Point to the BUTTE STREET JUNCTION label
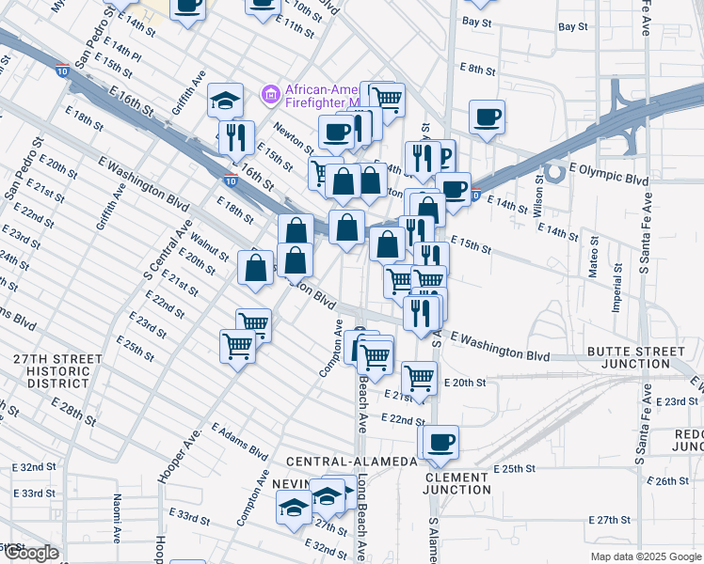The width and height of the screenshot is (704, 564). (635, 357)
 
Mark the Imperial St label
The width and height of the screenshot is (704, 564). (618, 287)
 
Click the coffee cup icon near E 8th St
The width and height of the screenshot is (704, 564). (488, 117)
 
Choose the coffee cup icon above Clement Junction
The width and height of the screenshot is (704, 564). (440, 441)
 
